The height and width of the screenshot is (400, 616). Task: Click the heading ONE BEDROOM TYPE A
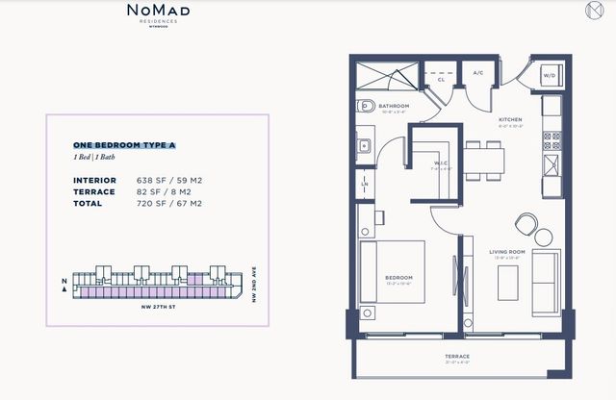point(124,144)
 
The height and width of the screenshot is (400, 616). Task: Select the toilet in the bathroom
point(363,107)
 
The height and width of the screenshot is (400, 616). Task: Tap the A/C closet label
point(477,72)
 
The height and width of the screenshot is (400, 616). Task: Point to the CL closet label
point(440,81)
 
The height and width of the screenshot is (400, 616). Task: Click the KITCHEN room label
point(510,121)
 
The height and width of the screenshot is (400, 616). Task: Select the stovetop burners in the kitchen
point(553,142)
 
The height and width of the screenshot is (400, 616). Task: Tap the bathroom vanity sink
point(364,147)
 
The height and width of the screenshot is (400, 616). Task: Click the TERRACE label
point(457,357)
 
